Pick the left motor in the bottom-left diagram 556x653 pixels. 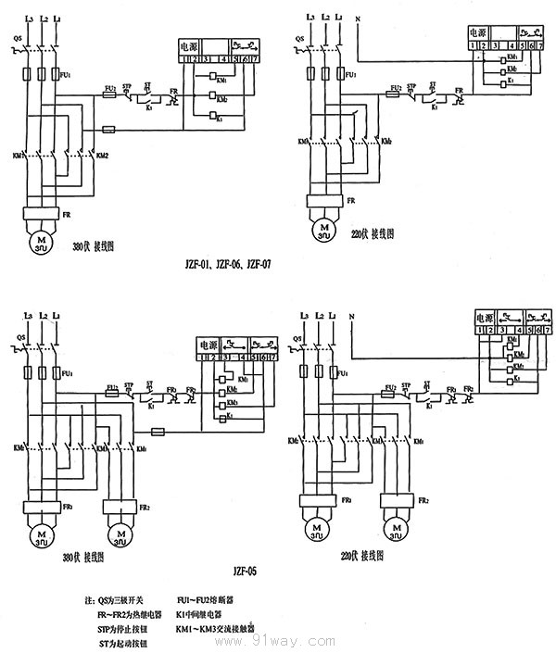click(x=39, y=534)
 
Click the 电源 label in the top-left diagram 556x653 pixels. click(x=189, y=44)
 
